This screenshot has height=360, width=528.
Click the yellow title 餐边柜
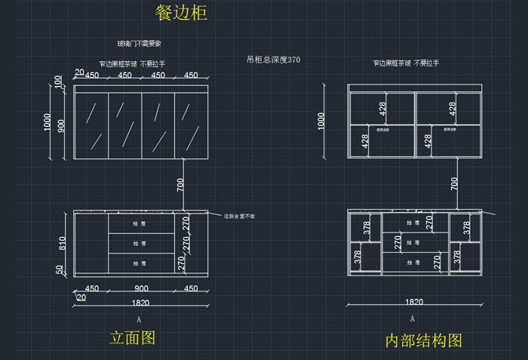(181, 13)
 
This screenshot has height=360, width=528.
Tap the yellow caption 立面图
(133, 337)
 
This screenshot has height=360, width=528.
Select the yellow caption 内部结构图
(423, 340)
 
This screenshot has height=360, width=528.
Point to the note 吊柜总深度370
(273, 60)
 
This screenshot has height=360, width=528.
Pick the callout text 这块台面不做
(239, 217)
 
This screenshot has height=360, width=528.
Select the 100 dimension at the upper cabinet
(59, 82)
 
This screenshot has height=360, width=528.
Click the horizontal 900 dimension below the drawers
(141, 288)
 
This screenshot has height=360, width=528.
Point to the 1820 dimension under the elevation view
(140, 303)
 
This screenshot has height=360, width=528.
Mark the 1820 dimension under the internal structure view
(414, 302)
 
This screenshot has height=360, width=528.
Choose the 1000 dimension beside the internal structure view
(322, 121)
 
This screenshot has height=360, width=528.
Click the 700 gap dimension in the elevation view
(180, 183)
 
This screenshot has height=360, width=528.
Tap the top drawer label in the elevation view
(139, 223)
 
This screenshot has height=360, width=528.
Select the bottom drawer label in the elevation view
(139, 263)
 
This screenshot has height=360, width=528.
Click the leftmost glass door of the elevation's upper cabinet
(92, 125)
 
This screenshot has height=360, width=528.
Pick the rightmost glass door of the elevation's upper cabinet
(191, 125)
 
